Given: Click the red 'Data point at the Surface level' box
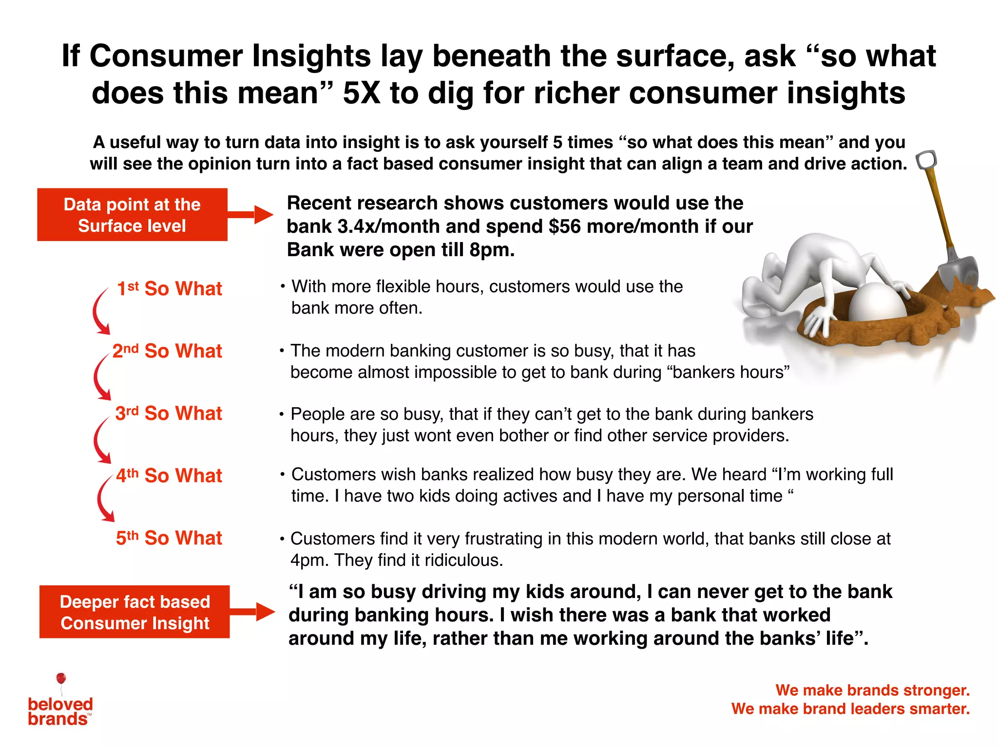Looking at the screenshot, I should pyautogui.click(x=132, y=215).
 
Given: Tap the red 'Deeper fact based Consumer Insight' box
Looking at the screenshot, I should pyautogui.click(x=134, y=612).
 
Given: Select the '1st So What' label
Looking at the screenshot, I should pyautogui.click(x=170, y=288).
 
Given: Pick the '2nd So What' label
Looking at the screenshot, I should pyautogui.click(x=167, y=351).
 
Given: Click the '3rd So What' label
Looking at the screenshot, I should pyautogui.click(x=169, y=413).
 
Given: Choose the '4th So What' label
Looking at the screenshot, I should pyautogui.click(x=169, y=475).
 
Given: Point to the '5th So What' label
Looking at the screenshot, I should pyautogui.click(x=169, y=538).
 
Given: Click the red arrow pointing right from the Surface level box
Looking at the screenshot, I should pyautogui.click(x=251, y=214).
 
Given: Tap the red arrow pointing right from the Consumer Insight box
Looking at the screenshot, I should pyautogui.click(x=253, y=612).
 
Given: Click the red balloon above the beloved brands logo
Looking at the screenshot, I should pyautogui.click(x=61, y=678).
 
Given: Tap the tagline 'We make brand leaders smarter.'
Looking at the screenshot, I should pyautogui.click(x=850, y=709).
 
